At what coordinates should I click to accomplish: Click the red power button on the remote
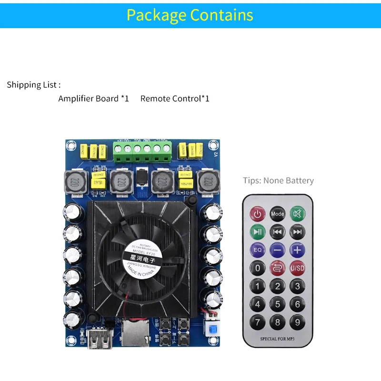(258, 214)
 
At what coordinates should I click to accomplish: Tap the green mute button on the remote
(297, 214)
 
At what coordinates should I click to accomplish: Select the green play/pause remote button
(258, 232)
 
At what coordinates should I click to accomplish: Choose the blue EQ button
(258, 250)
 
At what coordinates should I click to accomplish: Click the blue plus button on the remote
(297, 250)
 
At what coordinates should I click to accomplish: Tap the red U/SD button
(297, 268)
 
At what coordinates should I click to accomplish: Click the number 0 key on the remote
(258, 268)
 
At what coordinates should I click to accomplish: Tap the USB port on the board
(97, 339)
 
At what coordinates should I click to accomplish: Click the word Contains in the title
(221, 15)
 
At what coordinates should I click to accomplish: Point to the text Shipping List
(33, 85)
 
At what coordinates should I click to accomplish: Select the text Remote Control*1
(175, 99)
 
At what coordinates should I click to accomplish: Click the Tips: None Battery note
(278, 180)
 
